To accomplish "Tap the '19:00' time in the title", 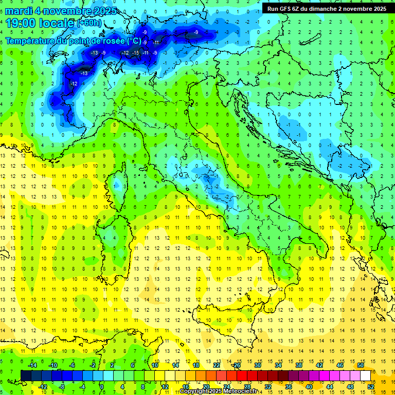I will tap(22, 23).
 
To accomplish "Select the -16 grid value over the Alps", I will tap(136, 53).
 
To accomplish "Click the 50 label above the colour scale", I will tap(361, 365).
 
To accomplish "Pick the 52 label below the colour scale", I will tap(370, 387).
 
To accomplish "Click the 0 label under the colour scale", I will tap(102, 387).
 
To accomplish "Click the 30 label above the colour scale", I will tap(258, 365).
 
